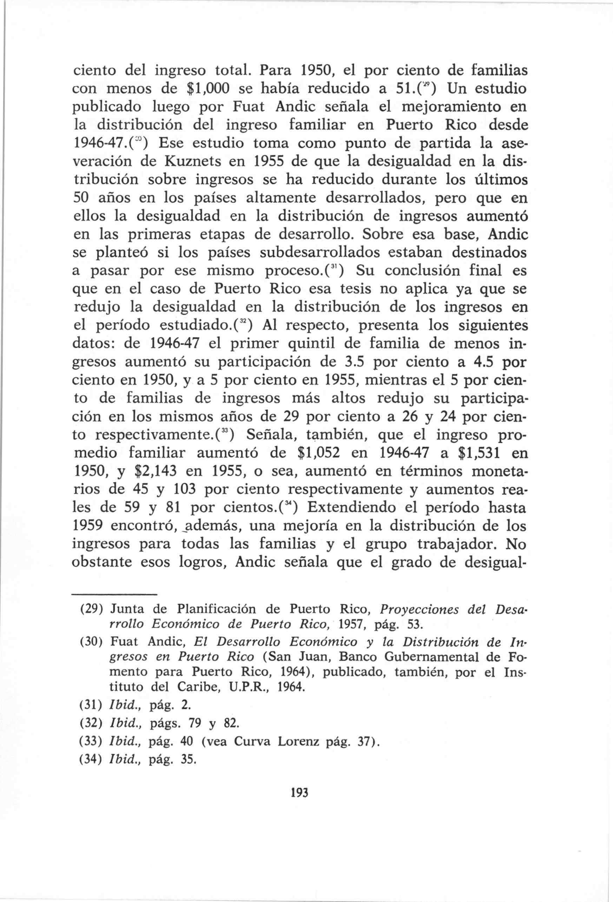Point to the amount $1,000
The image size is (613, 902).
[211, 89]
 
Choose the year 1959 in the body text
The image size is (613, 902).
[88, 526]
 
